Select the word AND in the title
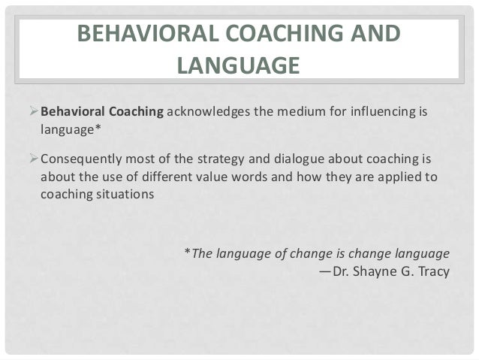(373, 35)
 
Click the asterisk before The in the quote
(187, 252)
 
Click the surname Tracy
(432, 270)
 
